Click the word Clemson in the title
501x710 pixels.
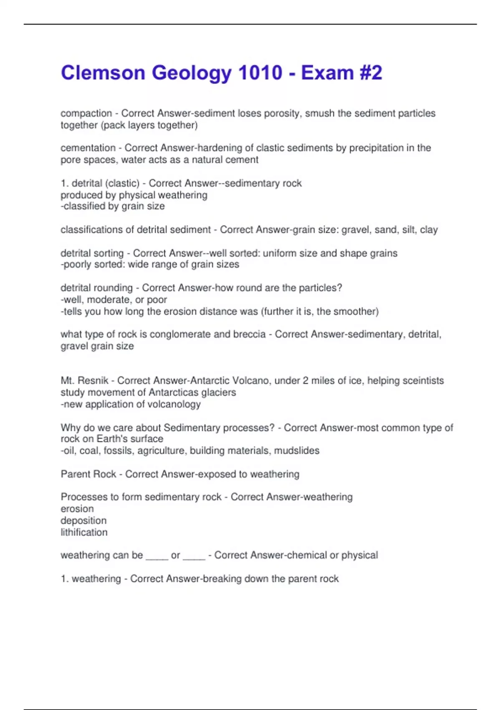(103, 73)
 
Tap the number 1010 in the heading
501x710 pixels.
(260, 73)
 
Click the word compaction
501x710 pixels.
(86, 113)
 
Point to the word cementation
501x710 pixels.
(88, 148)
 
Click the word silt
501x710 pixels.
(409, 230)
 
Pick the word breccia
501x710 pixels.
(250, 334)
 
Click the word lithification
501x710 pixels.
(84, 532)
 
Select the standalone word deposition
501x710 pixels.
(83, 520)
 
